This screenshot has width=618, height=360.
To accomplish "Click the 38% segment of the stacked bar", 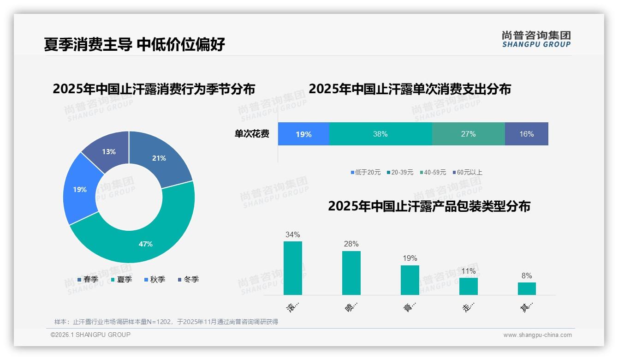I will tap(380, 134).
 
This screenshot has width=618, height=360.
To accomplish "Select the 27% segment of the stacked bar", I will tap(468, 134).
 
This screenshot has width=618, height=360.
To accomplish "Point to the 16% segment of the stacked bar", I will tap(526, 134).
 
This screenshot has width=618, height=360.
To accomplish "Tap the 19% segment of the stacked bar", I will tap(303, 134).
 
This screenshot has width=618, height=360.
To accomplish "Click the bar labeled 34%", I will tap(292, 268).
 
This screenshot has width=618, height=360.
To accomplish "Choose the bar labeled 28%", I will tap(351, 273).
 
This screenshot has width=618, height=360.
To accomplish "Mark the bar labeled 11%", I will tap(468, 286).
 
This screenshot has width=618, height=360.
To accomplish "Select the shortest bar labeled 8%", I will tap(527, 288).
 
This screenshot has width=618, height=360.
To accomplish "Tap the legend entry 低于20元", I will tap(366, 172).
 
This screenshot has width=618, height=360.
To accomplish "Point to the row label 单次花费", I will tap(252, 134).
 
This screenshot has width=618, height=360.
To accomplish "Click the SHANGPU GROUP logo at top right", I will tap(536, 39).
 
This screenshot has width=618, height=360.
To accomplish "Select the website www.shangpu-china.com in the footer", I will tap(537, 335).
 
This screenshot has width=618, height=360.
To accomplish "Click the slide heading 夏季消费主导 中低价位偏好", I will tap(135, 44).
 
